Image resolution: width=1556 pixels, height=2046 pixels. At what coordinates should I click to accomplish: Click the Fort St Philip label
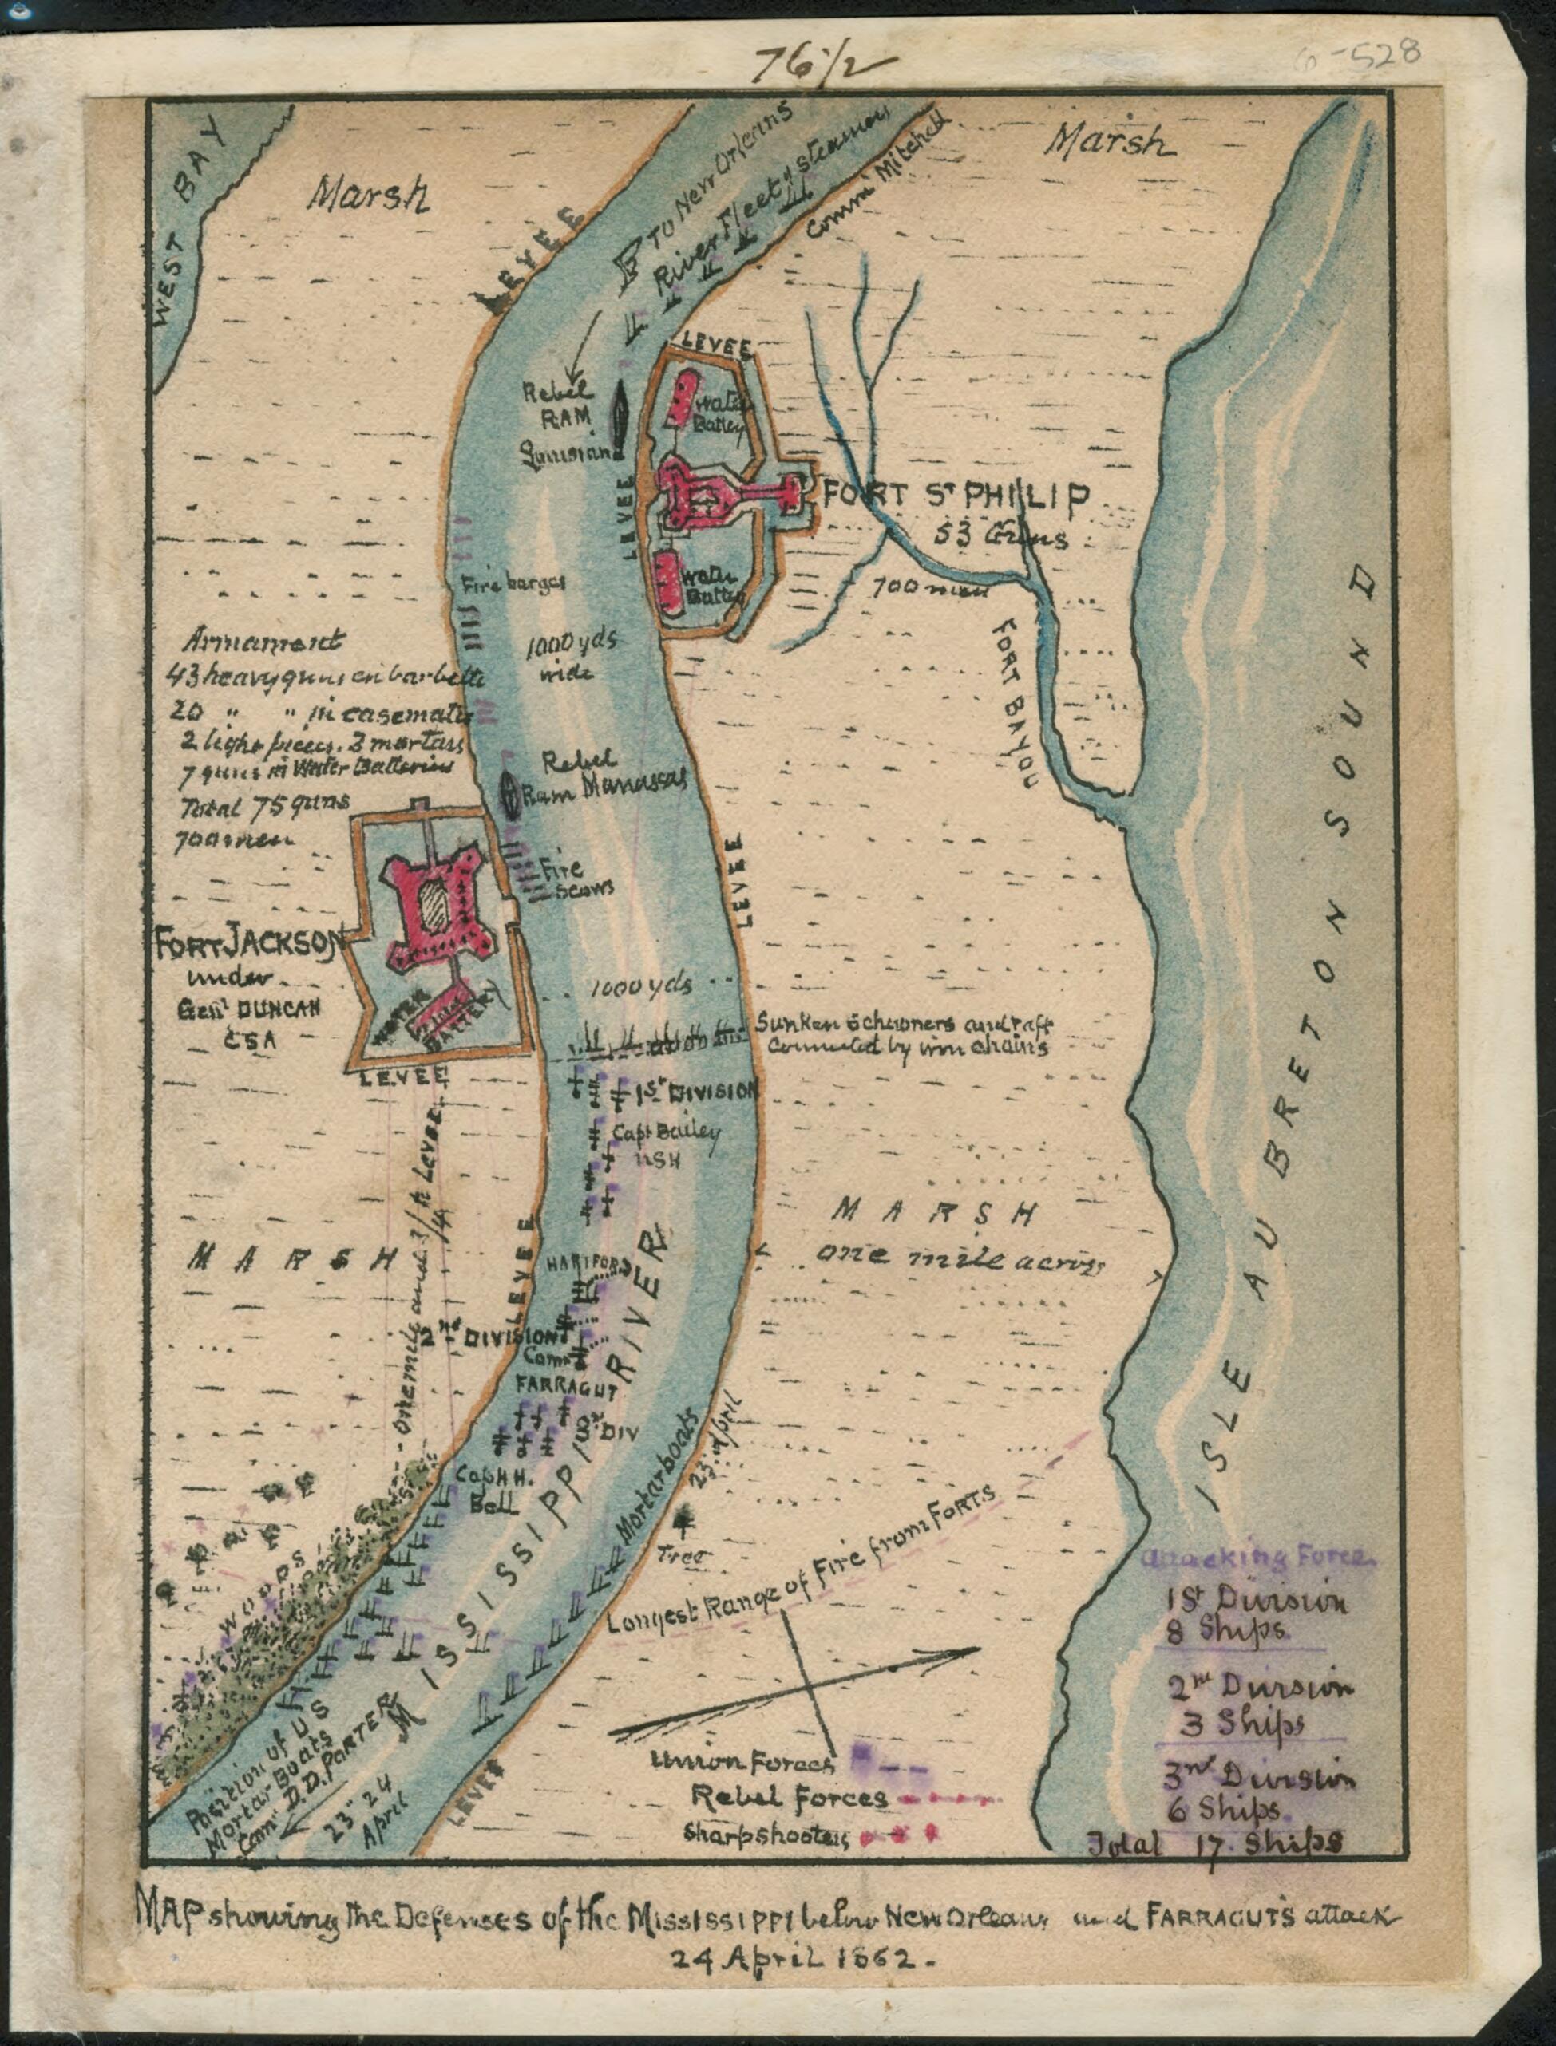954,497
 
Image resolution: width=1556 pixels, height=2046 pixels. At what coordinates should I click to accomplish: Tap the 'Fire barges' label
514,584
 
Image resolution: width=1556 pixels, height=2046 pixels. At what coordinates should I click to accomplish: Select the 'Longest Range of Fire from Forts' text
802,1561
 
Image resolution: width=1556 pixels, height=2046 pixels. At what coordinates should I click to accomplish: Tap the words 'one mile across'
960,1258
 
